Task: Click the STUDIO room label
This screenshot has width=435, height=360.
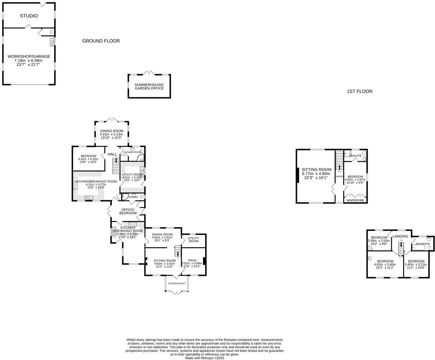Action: point(29,16)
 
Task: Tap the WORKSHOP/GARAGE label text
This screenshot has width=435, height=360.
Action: point(29,57)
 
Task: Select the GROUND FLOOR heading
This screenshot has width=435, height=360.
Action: point(101,41)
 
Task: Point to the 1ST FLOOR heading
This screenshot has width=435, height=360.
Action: point(359,91)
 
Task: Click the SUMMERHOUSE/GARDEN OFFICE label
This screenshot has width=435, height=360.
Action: point(149,86)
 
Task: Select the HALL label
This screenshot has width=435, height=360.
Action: point(112,154)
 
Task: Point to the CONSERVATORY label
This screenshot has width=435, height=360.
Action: point(176,283)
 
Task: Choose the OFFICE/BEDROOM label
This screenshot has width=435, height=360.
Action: point(128,211)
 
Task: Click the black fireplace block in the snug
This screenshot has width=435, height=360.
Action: point(204,261)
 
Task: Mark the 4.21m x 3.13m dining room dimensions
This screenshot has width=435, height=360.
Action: point(111,135)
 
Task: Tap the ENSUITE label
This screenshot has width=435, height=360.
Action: point(355,156)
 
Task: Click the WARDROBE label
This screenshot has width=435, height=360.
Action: point(355,200)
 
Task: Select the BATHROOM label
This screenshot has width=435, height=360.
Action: point(423,244)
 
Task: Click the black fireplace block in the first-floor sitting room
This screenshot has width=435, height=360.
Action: point(298,176)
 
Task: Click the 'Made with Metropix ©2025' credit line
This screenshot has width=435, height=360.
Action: point(204,358)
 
